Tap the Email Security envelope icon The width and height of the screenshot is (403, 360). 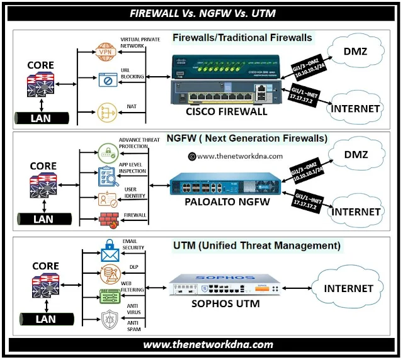(110, 253)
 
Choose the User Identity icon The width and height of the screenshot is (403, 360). (106, 199)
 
